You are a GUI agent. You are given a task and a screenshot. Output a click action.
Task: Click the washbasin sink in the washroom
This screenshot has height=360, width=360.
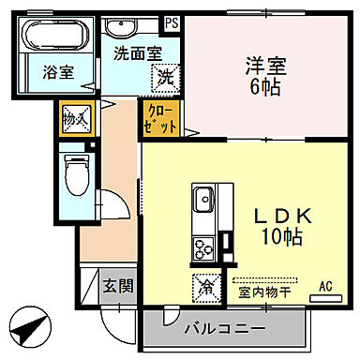(x=120, y=27)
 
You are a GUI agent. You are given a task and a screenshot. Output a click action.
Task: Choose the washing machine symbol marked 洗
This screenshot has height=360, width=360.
(x=165, y=77)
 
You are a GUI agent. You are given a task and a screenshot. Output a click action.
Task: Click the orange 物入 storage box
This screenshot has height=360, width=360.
(x=75, y=119)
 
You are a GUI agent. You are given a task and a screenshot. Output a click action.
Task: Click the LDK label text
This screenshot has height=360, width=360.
(x=277, y=214)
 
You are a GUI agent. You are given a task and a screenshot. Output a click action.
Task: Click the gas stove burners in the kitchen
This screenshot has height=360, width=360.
(x=203, y=248)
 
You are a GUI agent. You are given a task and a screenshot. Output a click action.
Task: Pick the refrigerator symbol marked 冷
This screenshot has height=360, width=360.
(x=204, y=286)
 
